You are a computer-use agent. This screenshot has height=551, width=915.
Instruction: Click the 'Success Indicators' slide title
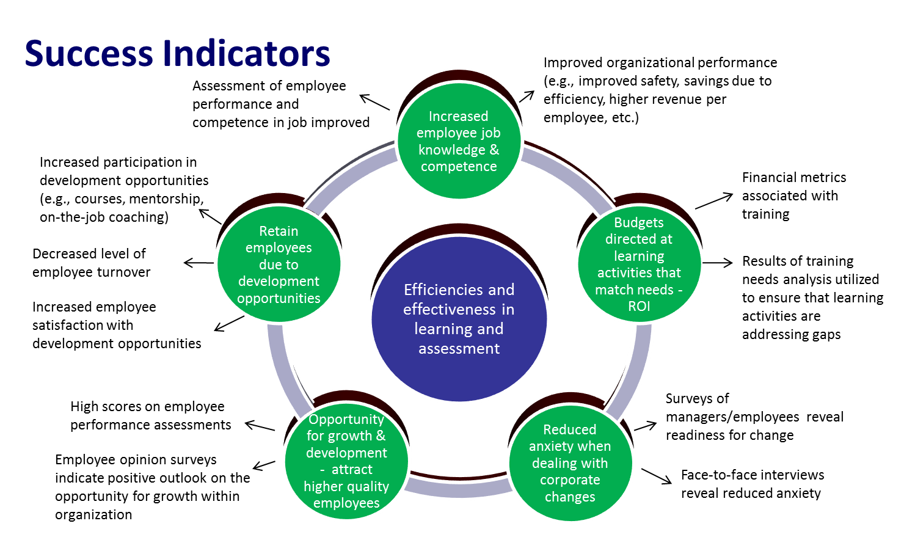pos(177,53)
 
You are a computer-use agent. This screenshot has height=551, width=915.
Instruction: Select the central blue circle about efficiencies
pos(459,319)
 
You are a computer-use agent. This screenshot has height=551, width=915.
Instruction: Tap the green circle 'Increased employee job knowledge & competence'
pos(458,141)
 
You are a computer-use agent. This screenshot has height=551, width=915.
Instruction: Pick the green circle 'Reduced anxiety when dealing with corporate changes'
pos(570,463)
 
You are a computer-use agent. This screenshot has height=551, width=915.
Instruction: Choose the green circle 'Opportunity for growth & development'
pos(346,461)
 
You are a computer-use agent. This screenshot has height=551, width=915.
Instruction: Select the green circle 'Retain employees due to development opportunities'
pos(279,264)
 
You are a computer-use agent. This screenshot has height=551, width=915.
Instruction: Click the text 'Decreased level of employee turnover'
pos(91,263)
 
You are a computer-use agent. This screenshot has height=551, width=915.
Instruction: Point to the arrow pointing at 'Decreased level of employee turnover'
pos(199,263)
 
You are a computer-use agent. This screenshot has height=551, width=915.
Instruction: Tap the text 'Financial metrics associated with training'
pos(793,195)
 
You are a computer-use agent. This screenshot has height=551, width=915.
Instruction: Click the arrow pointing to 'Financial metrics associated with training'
pos(713,201)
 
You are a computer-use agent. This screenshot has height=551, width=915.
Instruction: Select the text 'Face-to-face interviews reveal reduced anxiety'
pos(752,484)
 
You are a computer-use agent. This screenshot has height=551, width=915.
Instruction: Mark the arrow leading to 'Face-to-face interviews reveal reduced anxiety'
pos(657,476)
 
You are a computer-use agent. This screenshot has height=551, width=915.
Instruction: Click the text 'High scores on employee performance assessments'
pos(150,415)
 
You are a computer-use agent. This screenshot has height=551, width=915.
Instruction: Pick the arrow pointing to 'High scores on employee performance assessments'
pos(260,426)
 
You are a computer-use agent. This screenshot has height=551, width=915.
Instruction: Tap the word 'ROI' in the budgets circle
pos(639,307)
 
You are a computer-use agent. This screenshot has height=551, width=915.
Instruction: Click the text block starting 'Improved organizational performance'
pos(660,90)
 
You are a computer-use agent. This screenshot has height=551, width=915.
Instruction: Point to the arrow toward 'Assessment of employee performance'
pos(374,102)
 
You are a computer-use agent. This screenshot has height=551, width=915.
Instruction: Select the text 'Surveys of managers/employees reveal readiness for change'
pos(754,417)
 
